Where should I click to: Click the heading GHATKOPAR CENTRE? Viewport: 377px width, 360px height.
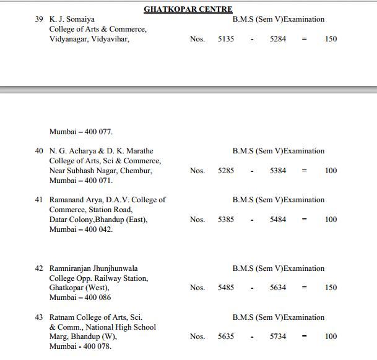click(x=188, y=9)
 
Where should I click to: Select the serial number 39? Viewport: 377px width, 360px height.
click(x=39, y=19)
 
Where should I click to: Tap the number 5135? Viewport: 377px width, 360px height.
click(x=226, y=40)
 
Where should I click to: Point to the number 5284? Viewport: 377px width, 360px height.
click(x=278, y=40)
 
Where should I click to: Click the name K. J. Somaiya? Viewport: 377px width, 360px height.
click(x=72, y=19)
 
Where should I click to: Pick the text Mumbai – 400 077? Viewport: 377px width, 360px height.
click(x=81, y=131)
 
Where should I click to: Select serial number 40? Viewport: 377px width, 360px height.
click(x=39, y=151)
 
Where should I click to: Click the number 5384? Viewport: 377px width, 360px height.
click(x=278, y=171)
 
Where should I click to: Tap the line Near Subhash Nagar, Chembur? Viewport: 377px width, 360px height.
click(x=100, y=171)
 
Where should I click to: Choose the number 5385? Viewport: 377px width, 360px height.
click(x=226, y=220)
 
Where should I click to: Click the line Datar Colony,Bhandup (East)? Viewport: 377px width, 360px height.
click(x=98, y=220)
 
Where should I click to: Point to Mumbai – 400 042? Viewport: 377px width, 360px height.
click(x=81, y=229)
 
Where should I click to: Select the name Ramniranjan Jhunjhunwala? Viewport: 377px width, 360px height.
click(x=93, y=268)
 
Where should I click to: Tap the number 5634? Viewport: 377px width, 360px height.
click(x=278, y=288)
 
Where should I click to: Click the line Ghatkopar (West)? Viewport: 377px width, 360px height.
click(x=79, y=288)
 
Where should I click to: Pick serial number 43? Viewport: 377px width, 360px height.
click(x=39, y=317)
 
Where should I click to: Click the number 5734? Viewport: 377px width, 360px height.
click(x=278, y=336)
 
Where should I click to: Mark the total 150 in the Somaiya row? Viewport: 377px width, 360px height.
click(x=331, y=40)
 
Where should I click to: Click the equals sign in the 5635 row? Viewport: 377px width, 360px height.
click(x=304, y=336)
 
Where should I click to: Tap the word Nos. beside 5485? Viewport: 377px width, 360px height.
click(x=197, y=288)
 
